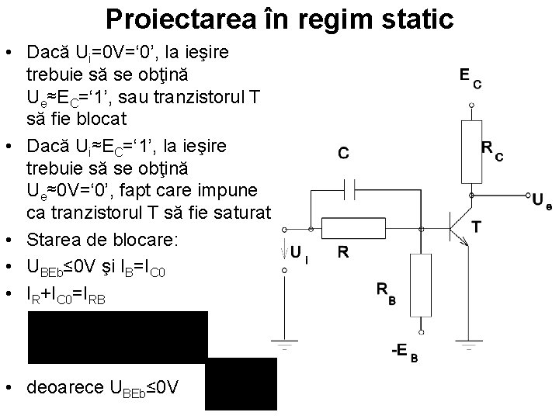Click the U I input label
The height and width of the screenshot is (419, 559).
click(x=300, y=252)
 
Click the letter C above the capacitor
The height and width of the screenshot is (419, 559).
click(x=343, y=154)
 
